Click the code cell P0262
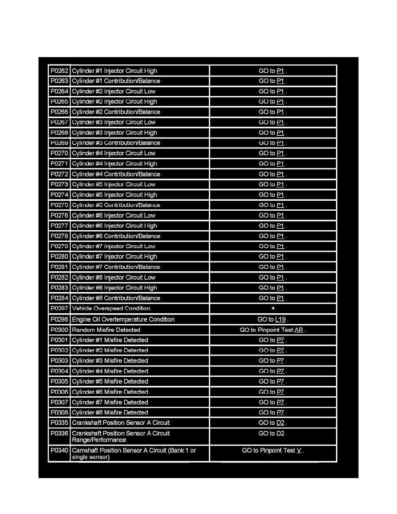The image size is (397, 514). click(x=59, y=71)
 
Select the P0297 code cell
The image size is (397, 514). click(x=59, y=308)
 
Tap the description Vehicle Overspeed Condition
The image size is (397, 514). click(x=111, y=308)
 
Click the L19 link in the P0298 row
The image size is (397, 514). click(x=280, y=320)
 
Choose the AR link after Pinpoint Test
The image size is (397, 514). click(x=299, y=330)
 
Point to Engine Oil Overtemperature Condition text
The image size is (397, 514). click(x=123, y=320)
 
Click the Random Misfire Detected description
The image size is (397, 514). click(x=106, y=330)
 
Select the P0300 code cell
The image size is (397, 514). click(x=59, y=330)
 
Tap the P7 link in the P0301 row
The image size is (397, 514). click(x=280, y=341)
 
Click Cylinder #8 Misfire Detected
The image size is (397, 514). click(x=110, y=413)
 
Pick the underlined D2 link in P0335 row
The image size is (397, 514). click(x=281, y=423)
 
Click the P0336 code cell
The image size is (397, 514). click(x=59, y=434)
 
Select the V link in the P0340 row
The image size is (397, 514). click(x=299, y=451)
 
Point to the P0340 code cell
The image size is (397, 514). click(x=59, y=451)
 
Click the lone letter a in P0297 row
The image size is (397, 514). click(x=273, y=308)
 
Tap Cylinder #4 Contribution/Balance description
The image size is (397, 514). click(x=116, y=174)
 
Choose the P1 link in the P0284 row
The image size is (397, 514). click(x=280, y=299)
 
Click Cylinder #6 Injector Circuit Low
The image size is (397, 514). click(x=113, y=215)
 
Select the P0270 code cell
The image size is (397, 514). click(x=59, y=154)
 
